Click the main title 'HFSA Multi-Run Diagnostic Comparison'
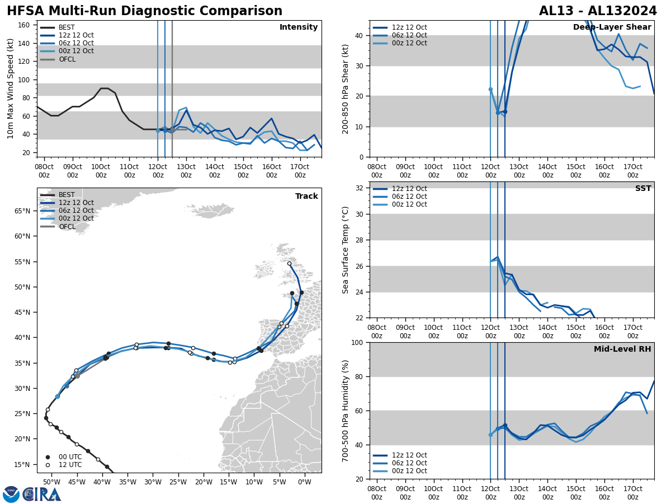(x=144, y=11)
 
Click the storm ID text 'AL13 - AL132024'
(x=598, y=11)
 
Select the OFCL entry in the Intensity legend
(x=67, y=59)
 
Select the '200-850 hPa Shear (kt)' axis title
(x=346, y=89)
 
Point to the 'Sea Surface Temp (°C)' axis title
(x=346, y=250)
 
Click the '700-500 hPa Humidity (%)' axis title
(x=346, y=410)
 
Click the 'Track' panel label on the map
(x=306, y=196)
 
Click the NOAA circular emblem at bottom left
(x=11, y=494)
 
